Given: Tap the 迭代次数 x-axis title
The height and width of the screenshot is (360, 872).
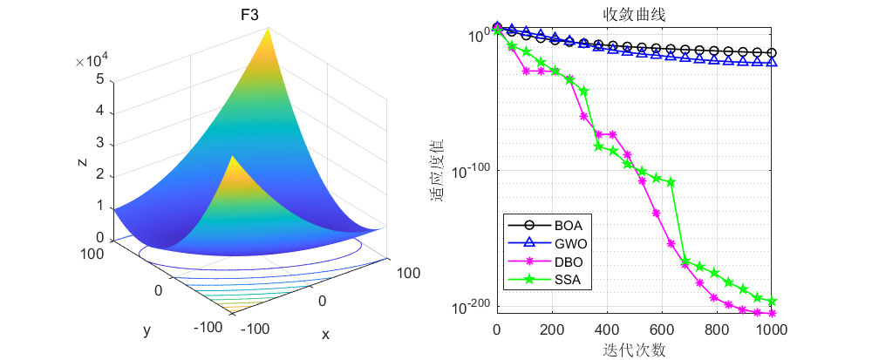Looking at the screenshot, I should click(x=634, y=350).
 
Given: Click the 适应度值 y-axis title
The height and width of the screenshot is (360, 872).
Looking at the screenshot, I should click(x=438, y=170).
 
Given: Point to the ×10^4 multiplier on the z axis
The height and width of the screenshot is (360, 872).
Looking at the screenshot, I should click(x=92, y=61).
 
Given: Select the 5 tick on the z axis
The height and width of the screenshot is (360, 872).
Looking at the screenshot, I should click(x=100, y=79).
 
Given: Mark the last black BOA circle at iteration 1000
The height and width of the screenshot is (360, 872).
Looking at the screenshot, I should click(x=772, y=53).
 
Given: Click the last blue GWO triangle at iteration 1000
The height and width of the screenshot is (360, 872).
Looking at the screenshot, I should click(x=772, y=61).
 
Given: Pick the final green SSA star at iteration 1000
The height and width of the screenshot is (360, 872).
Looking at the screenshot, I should click(x=772, y=301).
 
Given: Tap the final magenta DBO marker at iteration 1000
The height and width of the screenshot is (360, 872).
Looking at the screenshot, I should click(x=772, y=313).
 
